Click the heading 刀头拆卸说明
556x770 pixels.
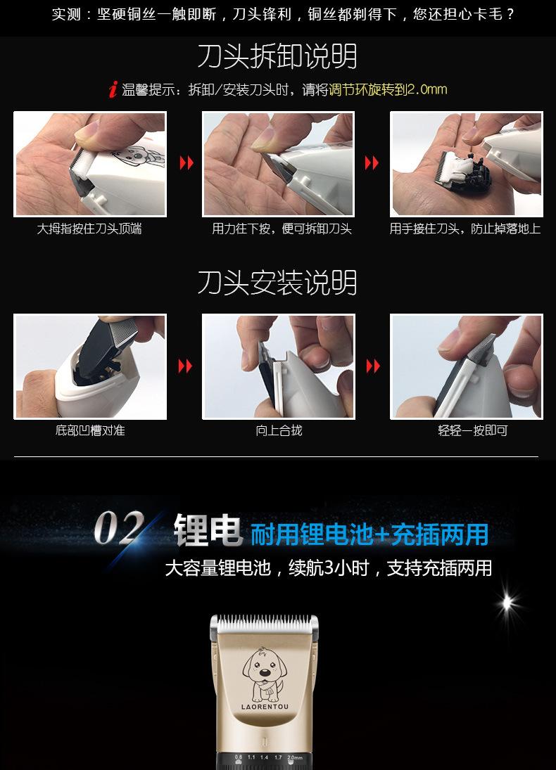click(x=277, y=57)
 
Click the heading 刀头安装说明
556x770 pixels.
click(x=277, y=283)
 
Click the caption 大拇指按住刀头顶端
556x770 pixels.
click(x=89, y=229)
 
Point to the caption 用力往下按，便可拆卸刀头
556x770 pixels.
click(x=282, y=229)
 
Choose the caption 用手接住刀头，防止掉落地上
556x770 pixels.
click(x=465, y=229)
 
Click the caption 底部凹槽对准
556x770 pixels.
click(x=90, y=430)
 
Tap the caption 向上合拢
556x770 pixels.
click(x=279, y=430)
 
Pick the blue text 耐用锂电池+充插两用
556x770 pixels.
click(x=369, y=534)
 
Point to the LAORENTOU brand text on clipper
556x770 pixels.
click(x=264, y=707)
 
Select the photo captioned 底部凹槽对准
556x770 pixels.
click(x=90, y=366)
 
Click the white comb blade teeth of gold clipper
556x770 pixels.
click(x=264, y=622)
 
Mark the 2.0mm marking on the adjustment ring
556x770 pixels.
click(x=294, y=757)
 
